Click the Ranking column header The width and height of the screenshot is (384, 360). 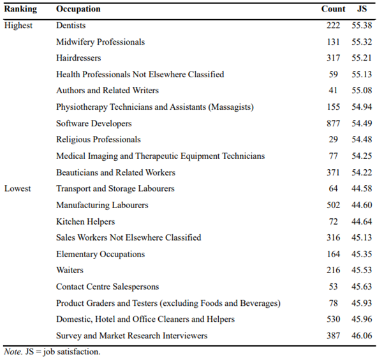pyautogui.click(x=20, y=9)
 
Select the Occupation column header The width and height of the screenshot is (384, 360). pyautogui.click(x=78, y=9)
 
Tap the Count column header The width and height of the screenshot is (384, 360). pyautogui.click(x=333, y=9)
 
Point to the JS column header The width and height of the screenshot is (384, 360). pyautogui.click(x=362, y=9)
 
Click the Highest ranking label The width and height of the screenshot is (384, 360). pyautogui.click(x=18, y=26)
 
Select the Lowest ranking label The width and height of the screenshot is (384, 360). pyautogui.click(x=18, y=189)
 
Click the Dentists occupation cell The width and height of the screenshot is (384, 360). pyautogui.click(x=71, y=26)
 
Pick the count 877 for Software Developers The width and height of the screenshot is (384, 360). pyautogui.click(x=334, y=123)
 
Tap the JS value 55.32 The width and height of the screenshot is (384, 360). pyautogui.click(x=362, y=42)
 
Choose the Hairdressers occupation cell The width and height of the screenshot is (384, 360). pyautogui.click(x=78, y=58)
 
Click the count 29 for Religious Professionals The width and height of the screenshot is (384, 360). pyautogui.click(x=334, y=139)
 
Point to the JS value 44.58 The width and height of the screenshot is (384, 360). pyautogui.click(x=362, y=188)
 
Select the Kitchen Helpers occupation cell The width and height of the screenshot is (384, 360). pyautogui.click(x=85, y=221)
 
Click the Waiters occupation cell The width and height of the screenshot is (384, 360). pyautogui.click(x=70, y=270)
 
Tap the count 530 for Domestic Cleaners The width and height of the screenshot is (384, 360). pyautogui.click(x=334, y=319)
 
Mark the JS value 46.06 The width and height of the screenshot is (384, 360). pyautogui.click(x=362, y=336)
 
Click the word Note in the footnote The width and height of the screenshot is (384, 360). pyautogui.click(x=13, y=352)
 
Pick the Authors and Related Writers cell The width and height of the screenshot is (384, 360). pyautogui.click(x=107, y=91)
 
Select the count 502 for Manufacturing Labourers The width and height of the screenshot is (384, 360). pyautogui.click(x=334, y=205)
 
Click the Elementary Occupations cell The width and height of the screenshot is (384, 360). pyautogui.click(x=100, y=254)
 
